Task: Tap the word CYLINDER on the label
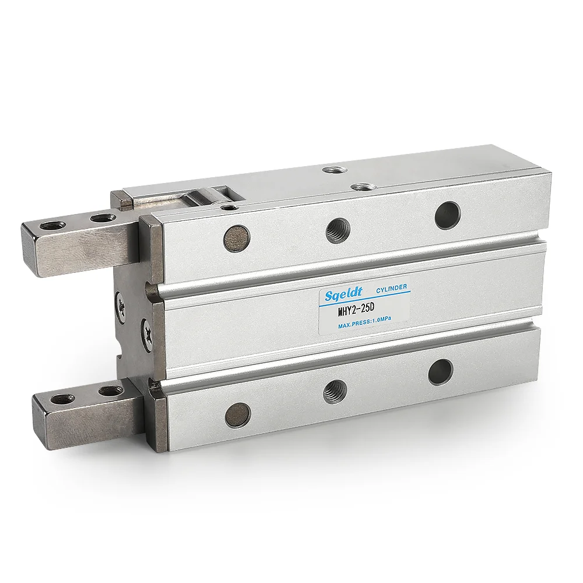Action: (392, 288)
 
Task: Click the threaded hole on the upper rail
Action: (338, 230)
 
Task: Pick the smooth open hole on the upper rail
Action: (448, 215)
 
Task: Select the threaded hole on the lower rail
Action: (335, 390)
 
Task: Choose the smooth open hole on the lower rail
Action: (440, 371)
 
